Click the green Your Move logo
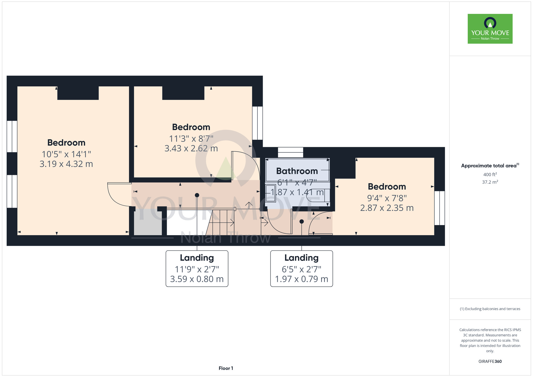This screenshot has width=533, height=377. pyautogui.click(x=490, y=29)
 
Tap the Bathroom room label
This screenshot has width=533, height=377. pyautogui.click(x=297, y=171)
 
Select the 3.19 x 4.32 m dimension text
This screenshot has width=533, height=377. pyautogui.click(x=66, y=164)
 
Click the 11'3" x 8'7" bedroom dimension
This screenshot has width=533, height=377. pyautogui.click(x=191, y=139)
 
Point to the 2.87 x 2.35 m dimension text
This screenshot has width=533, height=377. pyautogui.click(x=387, y=208)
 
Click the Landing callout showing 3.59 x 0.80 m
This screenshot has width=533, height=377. pyautogui.click(x=197, y=268)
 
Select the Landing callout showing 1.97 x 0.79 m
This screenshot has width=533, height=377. pyautogui.click(x=301, y=268)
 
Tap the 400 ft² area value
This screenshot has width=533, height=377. pyautogui.click(x=490, y=175)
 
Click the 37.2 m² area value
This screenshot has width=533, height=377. pyautogui.click(x=490, y=182)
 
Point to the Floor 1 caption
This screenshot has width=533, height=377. pyautogui.click(x=226, y=368)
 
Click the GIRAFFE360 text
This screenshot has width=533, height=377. pyautogui.click(x=490, y=362)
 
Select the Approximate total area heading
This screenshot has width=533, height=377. pyautogui.click(x=490, y=166)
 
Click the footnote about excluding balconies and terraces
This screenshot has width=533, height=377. pyautogui.click(x=490, y=309)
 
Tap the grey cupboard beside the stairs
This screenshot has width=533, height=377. pyautogui.click(x=148, y=222)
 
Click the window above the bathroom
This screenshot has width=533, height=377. pyautogui.click(x=290, y=152)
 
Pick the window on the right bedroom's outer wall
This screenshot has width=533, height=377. pyautogui.click(x=439, y=208)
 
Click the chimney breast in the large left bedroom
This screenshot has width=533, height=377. pyautogui.click(x=78, y=93)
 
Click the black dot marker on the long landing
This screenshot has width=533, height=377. pyautogui.click(x=197, y=195)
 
